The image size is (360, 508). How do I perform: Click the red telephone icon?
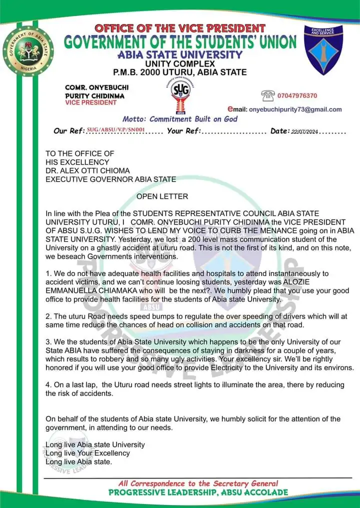pyautogui.click(x=268, y=95)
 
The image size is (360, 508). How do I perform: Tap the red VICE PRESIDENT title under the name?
pyautogui.click(x=90, y=102)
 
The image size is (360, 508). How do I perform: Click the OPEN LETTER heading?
pyautogui.click(x=162, y=196)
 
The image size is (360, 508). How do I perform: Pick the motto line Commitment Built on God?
pyautogui.click(x=180, y=119)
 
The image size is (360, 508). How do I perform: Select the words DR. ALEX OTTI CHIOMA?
pyautogui.click(x=87, y=170)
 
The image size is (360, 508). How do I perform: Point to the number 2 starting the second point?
pyautogui.click(x=47, y=316)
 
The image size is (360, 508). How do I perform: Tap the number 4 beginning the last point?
pyautogui.click(x=47, y=384)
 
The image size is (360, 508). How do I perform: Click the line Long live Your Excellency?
pyautogui.click(x=87, y=453)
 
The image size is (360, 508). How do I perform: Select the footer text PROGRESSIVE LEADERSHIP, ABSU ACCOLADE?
pyautogui.click(x=198, y=492)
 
